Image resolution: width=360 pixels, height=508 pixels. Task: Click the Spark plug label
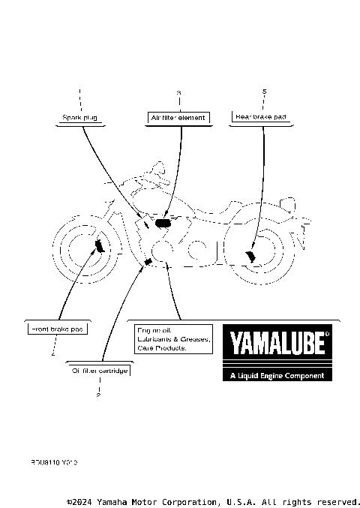(x=79, y=118)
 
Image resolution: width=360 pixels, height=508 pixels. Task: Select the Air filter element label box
(x=178, y=118)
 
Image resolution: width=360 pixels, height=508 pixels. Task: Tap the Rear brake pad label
(x=261, y=117)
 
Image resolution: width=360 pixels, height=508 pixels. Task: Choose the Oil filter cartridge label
(x=100, y=371)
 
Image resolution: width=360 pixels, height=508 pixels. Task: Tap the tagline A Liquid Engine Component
(x=277, y=375)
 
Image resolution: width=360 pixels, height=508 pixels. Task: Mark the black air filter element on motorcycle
(x=163, y=223)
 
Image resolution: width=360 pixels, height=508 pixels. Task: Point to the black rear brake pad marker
(x=250, y=257)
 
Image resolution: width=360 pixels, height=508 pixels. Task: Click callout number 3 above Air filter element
(x=178, y=92)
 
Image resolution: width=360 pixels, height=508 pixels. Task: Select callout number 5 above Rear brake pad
(x=264, y=92)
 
